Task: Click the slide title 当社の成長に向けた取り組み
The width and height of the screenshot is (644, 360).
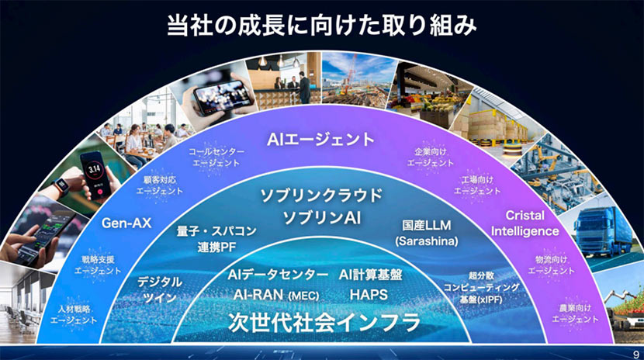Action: tap(321, 24)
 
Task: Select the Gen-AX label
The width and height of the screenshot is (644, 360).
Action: tap(126, 224)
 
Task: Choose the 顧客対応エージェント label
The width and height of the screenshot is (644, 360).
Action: tap(160, 184)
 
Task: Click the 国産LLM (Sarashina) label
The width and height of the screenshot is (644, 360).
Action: tap(422, 234)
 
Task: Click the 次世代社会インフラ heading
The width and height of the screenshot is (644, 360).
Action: tap(322, 321)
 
